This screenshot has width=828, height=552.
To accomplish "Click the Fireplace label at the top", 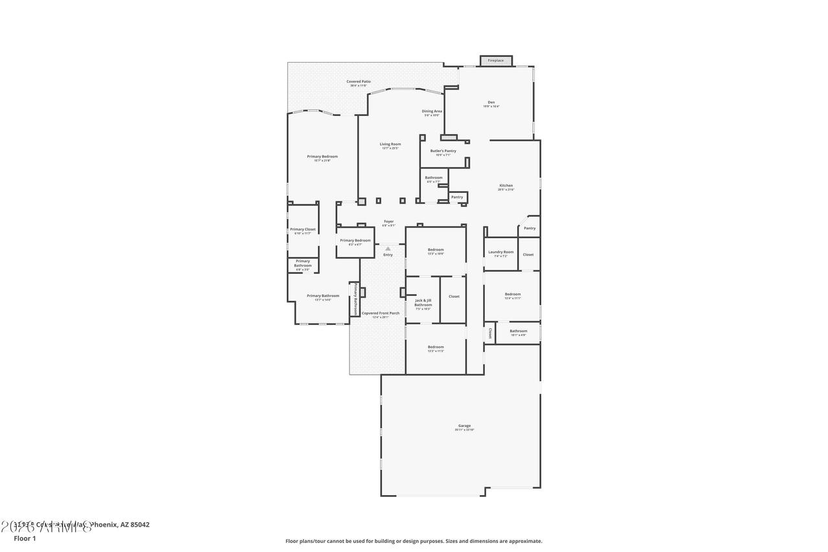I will point(495,60).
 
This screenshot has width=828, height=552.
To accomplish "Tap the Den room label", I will point(491,102).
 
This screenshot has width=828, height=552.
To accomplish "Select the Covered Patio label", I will point(358,82).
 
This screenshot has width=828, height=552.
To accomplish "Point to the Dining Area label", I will point(432,111).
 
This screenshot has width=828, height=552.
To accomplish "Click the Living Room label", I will point(390,144).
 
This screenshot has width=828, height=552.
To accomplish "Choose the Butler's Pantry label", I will point(443,151).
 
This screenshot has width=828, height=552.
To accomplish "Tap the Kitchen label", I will point(506,186).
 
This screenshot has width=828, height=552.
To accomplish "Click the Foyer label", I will point(388,221).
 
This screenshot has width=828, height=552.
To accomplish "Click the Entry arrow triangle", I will point(388,248).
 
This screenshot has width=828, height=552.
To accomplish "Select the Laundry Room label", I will point(500,252).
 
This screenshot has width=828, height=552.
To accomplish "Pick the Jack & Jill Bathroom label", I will point(423,302).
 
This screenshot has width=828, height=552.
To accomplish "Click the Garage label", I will point(464,426).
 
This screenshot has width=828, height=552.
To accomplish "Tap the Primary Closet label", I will point(302,229).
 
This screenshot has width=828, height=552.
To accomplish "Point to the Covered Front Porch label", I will point(380,313).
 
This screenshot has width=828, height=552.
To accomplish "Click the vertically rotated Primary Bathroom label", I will point(355,298).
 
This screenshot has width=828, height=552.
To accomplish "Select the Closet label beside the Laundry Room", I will point(528,254).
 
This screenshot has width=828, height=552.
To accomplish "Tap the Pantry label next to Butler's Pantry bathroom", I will point(457,197).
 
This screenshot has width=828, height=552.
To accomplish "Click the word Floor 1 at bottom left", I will point(25,538).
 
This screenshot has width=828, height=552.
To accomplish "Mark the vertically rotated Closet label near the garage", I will point(490,333).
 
